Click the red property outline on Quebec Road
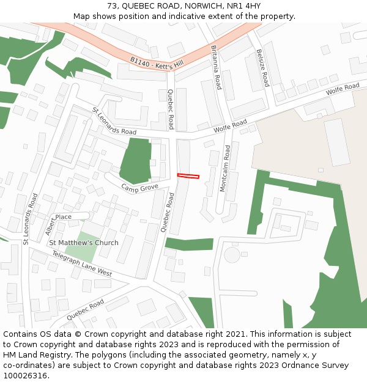coord(188,176)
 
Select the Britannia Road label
coord(215,67)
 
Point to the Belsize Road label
coord(262,68)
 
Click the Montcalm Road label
coord(224,169)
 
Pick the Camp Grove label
coord(139,187)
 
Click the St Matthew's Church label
coord(84,243)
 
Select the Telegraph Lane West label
coord(81,263)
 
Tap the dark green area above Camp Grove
coord(137,160)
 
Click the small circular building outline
coord(232,254)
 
